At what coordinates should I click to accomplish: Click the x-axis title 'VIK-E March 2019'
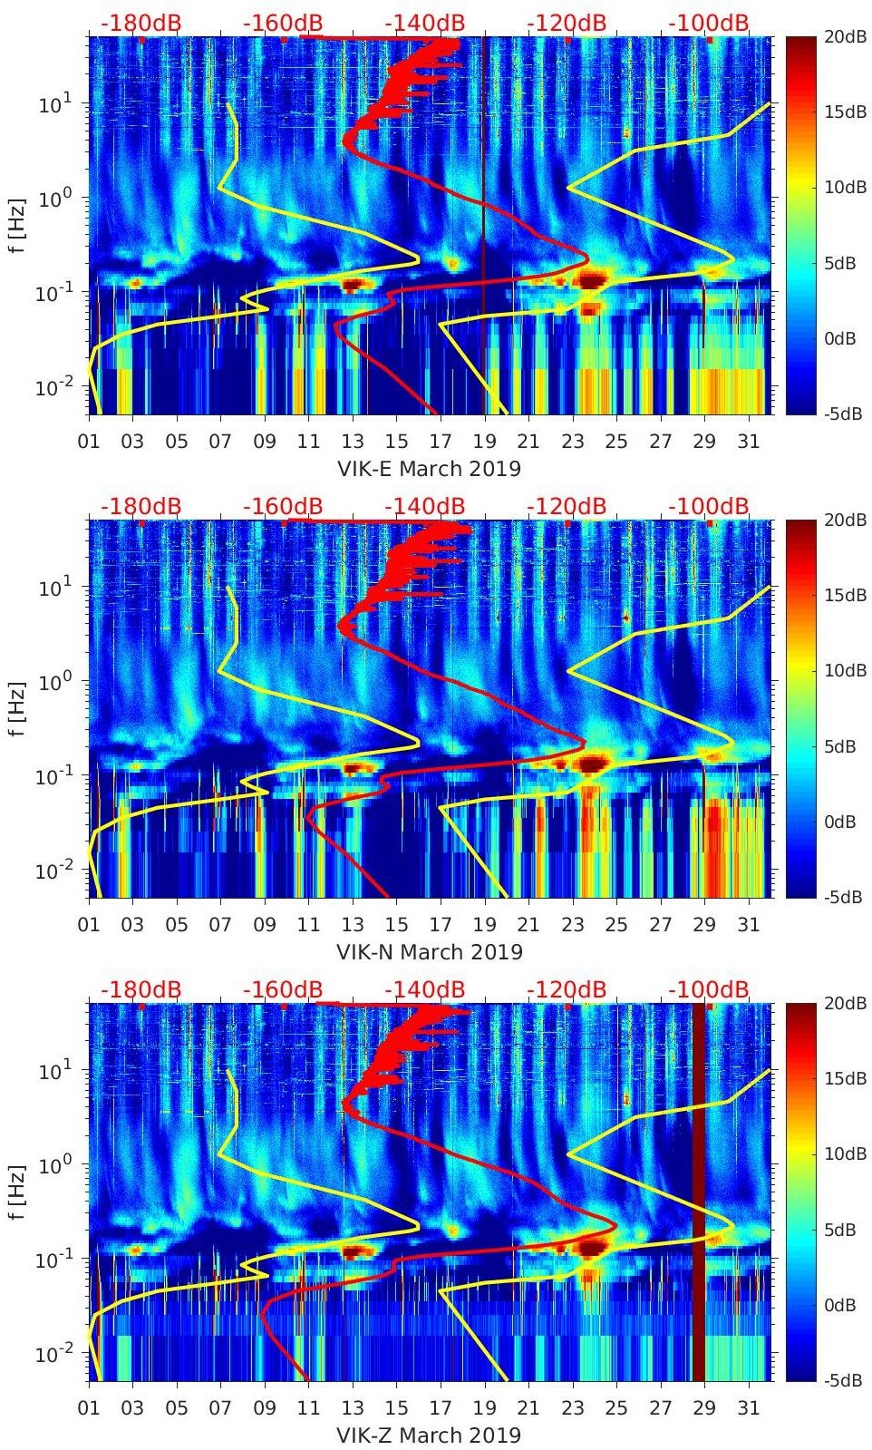(x=429, y=469)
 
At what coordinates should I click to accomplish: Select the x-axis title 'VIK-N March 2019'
(x=429, y=952)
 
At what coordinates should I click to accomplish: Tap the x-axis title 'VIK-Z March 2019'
(x=429, y=1435)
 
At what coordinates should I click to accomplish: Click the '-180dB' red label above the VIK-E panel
(x=140, y=23)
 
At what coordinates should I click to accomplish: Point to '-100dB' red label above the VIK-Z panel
(x=709, y=989)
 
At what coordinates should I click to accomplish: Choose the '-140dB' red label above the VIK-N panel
(x=424, y=506)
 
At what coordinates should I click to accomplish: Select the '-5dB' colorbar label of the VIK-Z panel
(x=845, y=1380)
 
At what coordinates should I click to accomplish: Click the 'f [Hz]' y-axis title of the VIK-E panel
(x=17, y=224)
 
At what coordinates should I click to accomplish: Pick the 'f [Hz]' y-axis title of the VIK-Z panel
(x=17, y=1191)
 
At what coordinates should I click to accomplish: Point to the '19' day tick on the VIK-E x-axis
(x=484, y=442)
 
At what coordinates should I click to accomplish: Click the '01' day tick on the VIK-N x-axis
(x=89, y=925)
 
